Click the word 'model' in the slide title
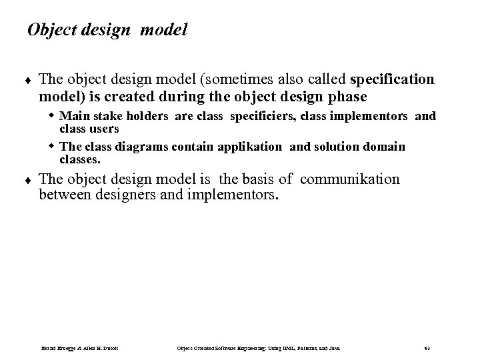(162, 30)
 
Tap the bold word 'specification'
(392, 80)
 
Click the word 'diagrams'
(140, 146)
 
